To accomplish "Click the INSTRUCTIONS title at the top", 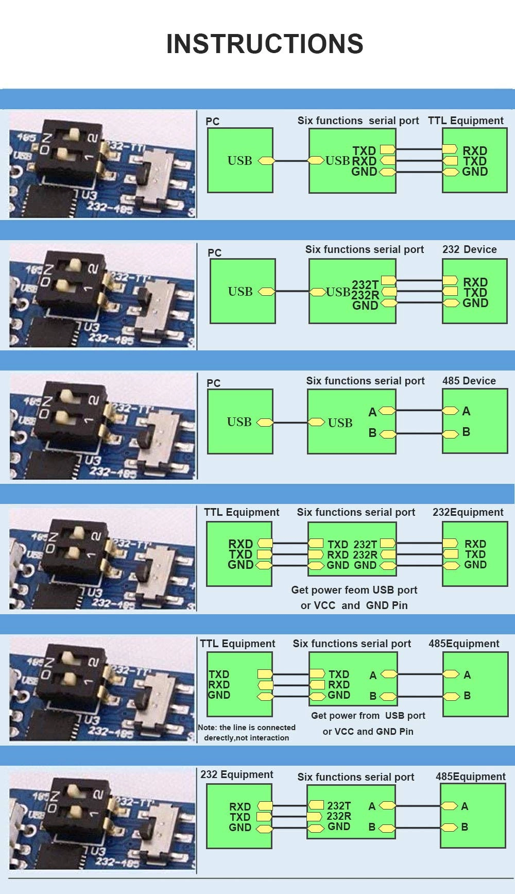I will tap(265, 44).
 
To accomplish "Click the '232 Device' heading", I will tap(469, 249).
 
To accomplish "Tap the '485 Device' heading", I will tap(469, 381).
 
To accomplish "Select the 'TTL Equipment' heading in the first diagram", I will tap(466, 121).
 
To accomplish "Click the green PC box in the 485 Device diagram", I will tap(240, 421).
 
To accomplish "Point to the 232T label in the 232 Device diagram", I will tap(365, 284).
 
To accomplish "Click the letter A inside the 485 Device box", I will tap(466, 411).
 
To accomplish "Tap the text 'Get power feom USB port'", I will tap(354, 590).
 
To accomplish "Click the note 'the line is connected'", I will tap(247, 728).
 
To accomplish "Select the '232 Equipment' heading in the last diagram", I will tap(236, 774).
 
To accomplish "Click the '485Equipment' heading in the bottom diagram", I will tap(470, 777).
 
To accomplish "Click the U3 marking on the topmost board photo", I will tap(89, 196).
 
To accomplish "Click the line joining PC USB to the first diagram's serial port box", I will tap(290, 161).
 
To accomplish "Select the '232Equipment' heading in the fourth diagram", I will tap(468, 512).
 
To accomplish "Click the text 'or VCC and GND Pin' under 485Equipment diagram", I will tap(368, 731).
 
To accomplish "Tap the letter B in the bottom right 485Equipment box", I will tap(465, 827).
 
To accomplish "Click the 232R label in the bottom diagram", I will tap(339, 816).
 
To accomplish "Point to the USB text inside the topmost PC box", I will tap(240, 161).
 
